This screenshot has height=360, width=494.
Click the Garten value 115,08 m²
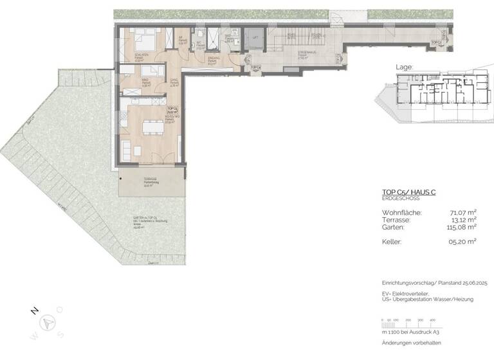(x=459, y=226)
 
